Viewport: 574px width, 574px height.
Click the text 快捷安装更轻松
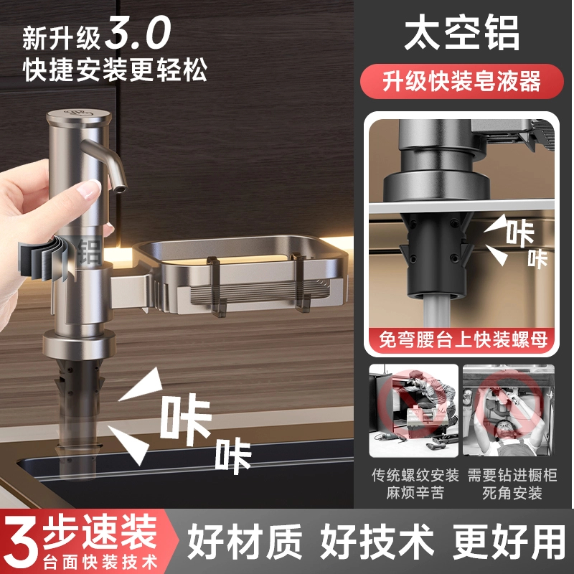(115, 70)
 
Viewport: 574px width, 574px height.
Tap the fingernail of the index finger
(90, 189)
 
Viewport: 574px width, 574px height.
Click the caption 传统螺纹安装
(415, 474)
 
